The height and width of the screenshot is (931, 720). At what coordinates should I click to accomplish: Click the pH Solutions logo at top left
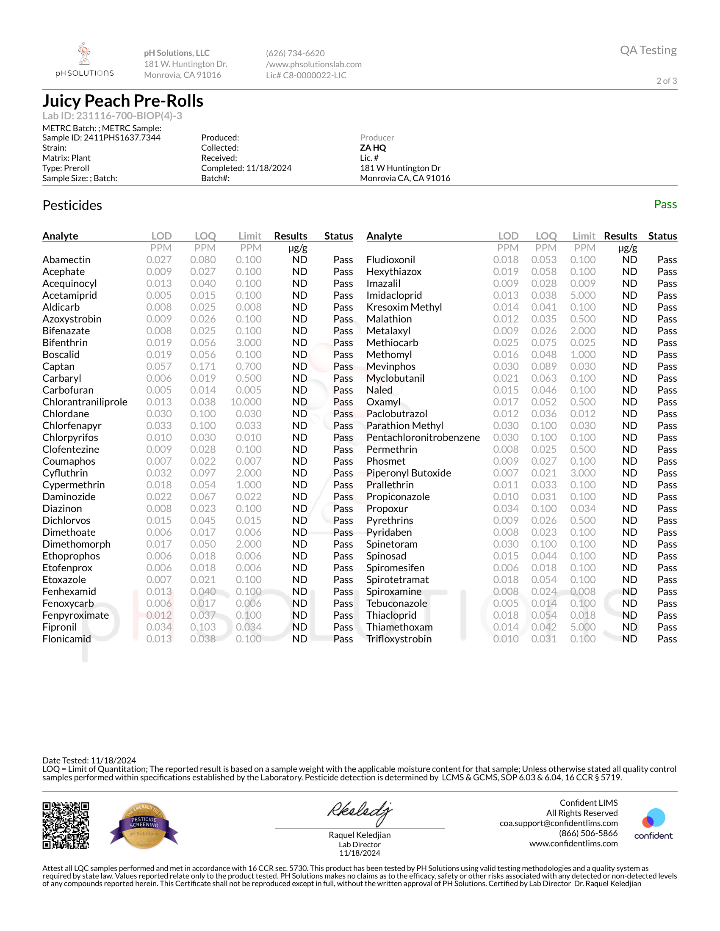[x=84, y=60]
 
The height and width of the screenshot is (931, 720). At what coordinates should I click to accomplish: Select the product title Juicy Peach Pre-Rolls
[x=123, y=101]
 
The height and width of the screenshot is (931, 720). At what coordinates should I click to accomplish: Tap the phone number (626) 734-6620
[x=295, y=53]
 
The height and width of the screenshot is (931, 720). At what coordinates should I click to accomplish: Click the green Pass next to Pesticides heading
[x=665, y=205]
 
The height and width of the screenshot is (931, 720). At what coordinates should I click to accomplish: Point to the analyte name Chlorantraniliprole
[x=85, y=402]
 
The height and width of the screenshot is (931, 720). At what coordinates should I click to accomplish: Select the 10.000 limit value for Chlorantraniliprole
[x=246, y=402]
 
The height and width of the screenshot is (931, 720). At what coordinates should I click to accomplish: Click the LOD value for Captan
[x=159, y=366]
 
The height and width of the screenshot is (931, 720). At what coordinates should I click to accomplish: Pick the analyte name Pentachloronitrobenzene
[x=423, y=438]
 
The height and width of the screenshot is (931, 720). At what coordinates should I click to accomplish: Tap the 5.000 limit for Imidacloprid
[x=583, y=295]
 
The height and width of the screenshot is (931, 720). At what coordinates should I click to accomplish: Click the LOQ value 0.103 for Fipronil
[x=203, y=627]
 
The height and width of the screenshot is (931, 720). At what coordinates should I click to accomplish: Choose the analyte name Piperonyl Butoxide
[x=408, y=473]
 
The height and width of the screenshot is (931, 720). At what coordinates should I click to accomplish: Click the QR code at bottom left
[x=66, y=826]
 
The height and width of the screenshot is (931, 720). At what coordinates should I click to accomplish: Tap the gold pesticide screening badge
[x=144, y=826]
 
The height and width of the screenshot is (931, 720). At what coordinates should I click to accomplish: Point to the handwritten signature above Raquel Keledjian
[x=359, y=812]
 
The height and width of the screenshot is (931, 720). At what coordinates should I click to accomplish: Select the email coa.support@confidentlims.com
[x=558, y=823]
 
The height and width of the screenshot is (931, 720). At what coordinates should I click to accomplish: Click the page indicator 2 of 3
[x=666, y=81]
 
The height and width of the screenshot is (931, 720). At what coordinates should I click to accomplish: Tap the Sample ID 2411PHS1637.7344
[x=101, y=138]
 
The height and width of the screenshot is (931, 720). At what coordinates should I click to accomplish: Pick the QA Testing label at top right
[x=648, y=50]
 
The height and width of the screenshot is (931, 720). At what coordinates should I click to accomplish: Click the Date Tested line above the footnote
[x=89, y=760]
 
